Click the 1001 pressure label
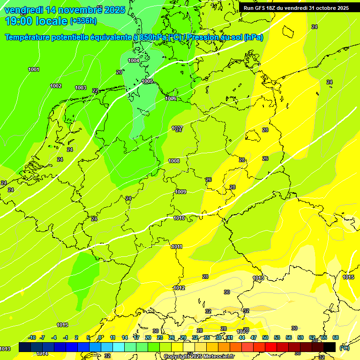point(34,70)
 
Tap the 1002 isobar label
point(56,86)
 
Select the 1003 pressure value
point(81,88)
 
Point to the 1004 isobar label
point(134,60)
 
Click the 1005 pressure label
point(147,81)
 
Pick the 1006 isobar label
point(171,98)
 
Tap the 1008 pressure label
point(174,161)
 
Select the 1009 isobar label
point(180,192)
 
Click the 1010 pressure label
point(179,218)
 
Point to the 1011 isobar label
point(177,247)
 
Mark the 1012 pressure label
point(179,288)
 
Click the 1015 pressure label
point(348,277)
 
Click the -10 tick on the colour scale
point(32,337)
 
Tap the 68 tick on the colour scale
point(336,337)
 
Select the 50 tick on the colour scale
point(265,337)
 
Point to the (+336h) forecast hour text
point(83,21)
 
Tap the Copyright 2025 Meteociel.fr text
point(199,356)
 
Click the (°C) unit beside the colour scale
point(345,348)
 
